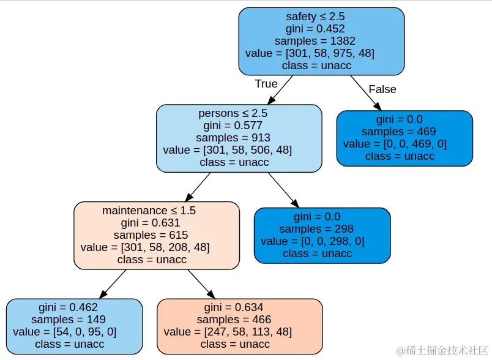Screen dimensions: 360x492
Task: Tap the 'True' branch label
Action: [x=266, y=84]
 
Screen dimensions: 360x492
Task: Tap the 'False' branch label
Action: [x=382, y=89]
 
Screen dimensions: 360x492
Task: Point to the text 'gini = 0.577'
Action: [x=239, y=126]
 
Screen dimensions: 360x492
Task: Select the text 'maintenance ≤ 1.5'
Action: [x=157, y=211]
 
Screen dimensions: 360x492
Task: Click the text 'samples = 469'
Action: [x=404, y=132]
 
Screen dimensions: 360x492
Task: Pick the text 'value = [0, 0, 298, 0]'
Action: [x=322, y=241]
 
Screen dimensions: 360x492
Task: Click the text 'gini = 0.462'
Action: [x=75, y=307]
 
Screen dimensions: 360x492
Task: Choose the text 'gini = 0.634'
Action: [x=239, y=307]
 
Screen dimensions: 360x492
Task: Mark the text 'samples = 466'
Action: [x=239, y=320]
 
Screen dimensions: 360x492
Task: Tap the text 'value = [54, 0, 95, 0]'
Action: [x=75, y=332]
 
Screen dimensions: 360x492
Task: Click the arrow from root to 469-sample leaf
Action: [x=362, y=91]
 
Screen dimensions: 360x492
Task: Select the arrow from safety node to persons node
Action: [x=280, y=89]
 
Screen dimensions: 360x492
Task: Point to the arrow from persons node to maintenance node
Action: [x=197, y=187]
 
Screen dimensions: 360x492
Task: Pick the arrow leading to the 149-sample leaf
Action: [x=113, y=283]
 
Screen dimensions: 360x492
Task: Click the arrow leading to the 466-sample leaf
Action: [x=201, y=284]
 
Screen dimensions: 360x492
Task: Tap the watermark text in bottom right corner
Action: [x=441, y=351]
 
